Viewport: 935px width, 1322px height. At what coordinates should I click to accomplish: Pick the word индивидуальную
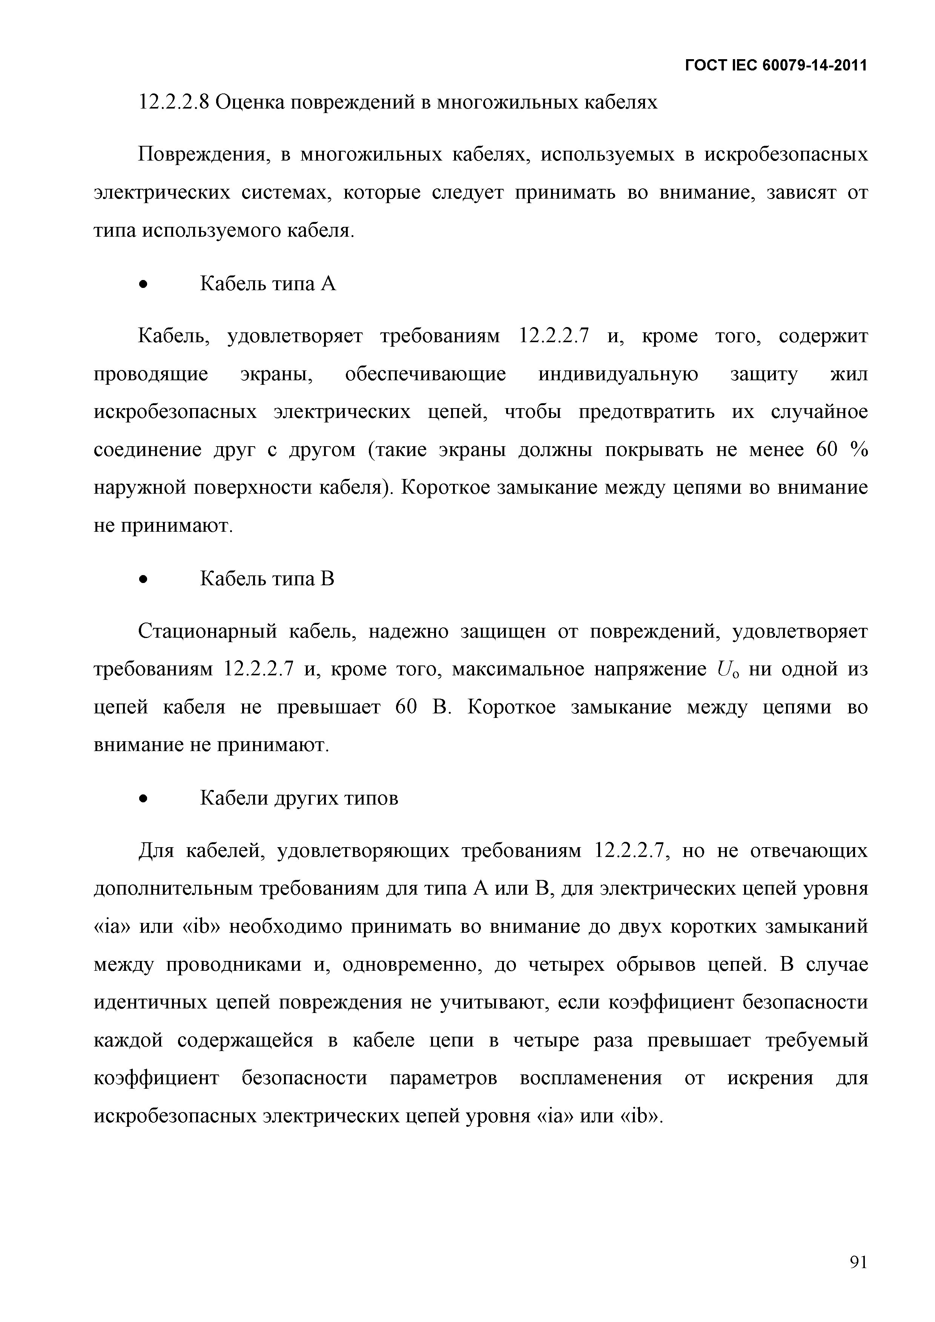coord(618,375)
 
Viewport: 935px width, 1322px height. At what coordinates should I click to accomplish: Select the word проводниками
coord(233,964)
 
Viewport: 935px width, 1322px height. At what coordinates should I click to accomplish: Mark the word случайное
coord(818,412)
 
